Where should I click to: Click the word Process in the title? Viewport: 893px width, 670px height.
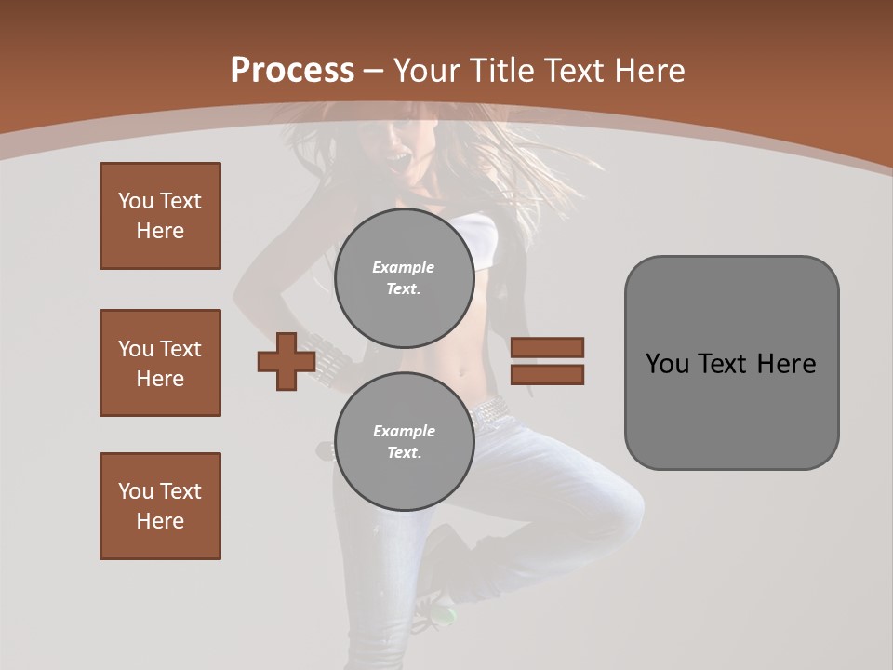[x=292, y=71]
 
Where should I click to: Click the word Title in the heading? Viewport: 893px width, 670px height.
[x=500, y=71]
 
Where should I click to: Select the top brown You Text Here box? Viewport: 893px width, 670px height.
[x=160, y=216]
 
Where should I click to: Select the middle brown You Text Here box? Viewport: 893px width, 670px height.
[x=160, y=363]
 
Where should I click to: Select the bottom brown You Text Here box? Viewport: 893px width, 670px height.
[x=160, y=506]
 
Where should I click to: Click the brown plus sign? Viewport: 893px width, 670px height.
[x=287, y=361]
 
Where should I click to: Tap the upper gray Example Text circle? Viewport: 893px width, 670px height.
[x=404, y=277]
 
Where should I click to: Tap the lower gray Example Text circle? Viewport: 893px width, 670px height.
[x=404, y=441]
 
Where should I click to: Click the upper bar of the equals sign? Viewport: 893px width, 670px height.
[x=547, y=347]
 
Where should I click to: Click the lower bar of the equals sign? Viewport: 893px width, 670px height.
[x=547, y=374]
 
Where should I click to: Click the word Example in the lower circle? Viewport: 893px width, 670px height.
[x=404, y=431]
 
